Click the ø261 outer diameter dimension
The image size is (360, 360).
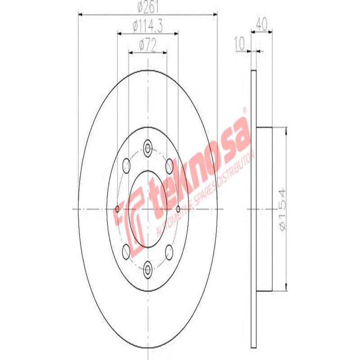coord(148,7)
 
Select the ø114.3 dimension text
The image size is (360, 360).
coord(148,26)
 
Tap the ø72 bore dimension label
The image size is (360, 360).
coord(148,45)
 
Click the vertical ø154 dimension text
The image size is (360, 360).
coord(282,209)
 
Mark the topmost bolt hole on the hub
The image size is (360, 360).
coord(148,147)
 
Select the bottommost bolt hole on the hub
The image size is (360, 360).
coord(148,270)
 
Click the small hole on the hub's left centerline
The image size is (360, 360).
coord(117,209)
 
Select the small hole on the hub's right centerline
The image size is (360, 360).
coord(179,209)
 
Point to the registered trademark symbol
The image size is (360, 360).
coord(245,109)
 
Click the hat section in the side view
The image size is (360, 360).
coord(265,209)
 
